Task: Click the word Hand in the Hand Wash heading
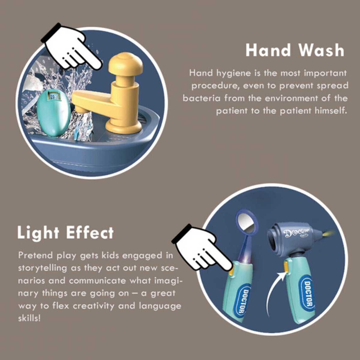pyautogui.click(x=268, y=50)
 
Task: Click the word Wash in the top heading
pyautogui.click(x=321, y=50)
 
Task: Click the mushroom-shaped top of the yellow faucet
pyautogui.click(x=125, y=64)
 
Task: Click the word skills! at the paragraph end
pyautogui.click(x=29, y=318)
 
